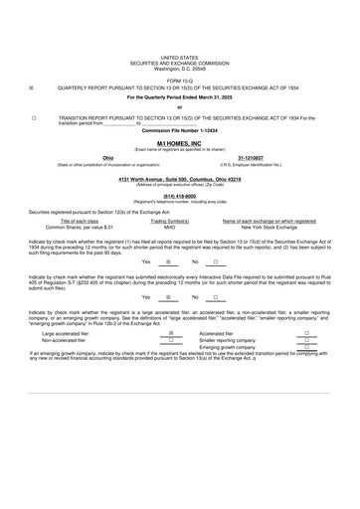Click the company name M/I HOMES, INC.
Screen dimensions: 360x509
(x=179, y=142)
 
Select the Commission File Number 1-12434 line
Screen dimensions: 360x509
(x=179, y=130)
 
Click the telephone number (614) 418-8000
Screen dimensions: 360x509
(x=179, y=196)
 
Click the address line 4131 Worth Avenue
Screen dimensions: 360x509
(x=179, y=177)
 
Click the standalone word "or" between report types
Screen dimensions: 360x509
(x=179, y=106)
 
